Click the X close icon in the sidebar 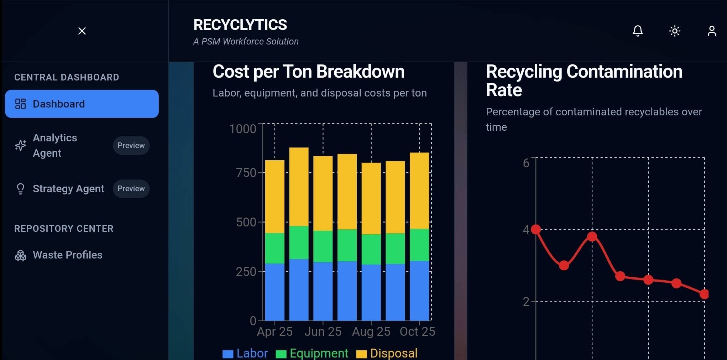pyautogui.click(x=82, y=31)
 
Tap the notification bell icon pyautogui.click(x=638, y=31)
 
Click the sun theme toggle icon pyautogui.click(x=675, y=31)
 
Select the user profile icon pyautogui.click(x=712, y=31)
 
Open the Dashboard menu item pyautogui.click(x=82, y=104)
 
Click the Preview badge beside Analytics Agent pyautogui.click(x=131, y=145)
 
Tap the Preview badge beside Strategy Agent pyautogui.click(x=131, y=189)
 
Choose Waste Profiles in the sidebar pyautogui.click(x=67, y=255)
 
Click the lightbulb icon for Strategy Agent pyautogui.click(x=21, y=189)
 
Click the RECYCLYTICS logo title pyautogui.click(x=240, y=25)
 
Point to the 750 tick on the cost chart pyautogui.click(x=246, y=173)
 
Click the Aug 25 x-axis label pyautogui.click(x=371, y=332)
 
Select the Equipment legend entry pyautogui.click(x=312, y=353)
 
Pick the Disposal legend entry pyautogui.click(x=387, y=353)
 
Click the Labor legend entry pyautogui.click(x=245, y=353)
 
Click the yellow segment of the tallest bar pyautogui.click(x=299, y=186)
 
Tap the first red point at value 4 pyautogui.click(x=536, y=230)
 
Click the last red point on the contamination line pyautogui.click(x=704, y=294)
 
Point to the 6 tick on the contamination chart pyautogui.click(x=526, y=163)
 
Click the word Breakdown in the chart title pyautogui.click(x=360, y=72)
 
